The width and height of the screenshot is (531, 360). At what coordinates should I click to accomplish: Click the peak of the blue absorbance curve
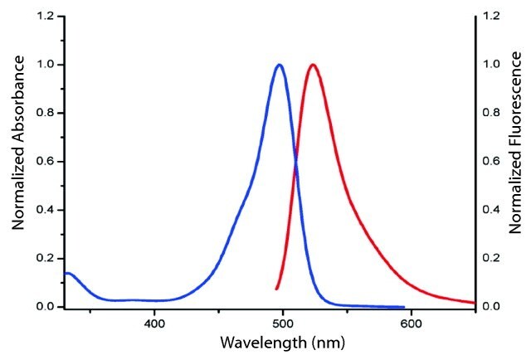280,65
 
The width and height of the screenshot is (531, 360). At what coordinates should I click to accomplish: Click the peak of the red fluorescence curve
312,65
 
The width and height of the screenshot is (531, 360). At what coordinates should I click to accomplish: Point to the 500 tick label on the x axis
283,322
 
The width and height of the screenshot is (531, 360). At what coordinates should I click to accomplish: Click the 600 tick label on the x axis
412,322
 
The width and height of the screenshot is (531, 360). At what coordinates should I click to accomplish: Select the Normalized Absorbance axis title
17,161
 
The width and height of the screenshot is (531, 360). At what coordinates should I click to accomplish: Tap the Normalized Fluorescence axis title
519,161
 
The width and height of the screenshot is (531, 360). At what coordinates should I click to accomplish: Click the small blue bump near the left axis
69,273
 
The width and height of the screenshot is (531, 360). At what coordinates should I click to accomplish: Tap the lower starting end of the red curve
276,289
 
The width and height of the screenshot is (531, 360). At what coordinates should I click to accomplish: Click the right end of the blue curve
403,306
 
